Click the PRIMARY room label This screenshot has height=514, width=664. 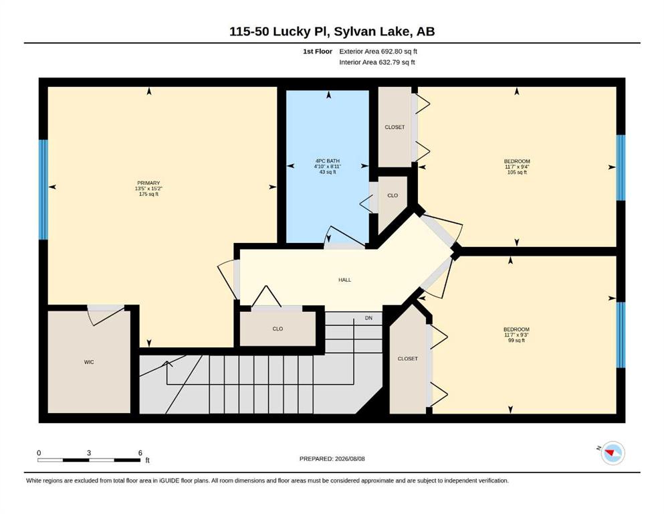148,183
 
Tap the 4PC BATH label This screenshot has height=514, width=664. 328,161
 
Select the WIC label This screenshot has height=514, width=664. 89,362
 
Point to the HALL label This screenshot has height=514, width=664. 344,280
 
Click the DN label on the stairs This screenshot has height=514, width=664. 369,318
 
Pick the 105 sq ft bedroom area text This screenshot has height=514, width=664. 517,173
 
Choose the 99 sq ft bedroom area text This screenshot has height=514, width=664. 517,340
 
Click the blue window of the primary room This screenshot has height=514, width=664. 43,189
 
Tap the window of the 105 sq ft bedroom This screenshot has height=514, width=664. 621,167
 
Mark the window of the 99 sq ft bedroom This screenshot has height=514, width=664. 621,335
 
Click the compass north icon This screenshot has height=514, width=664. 613,453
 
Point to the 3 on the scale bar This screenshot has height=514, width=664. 89,452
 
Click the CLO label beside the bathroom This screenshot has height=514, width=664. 393,195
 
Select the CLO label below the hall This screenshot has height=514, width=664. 278,329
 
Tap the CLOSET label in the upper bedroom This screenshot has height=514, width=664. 395,127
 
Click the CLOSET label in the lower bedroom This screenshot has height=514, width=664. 408,359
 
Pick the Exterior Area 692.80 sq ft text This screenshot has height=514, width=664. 378,52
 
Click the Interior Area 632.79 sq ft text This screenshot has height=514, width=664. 377,62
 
